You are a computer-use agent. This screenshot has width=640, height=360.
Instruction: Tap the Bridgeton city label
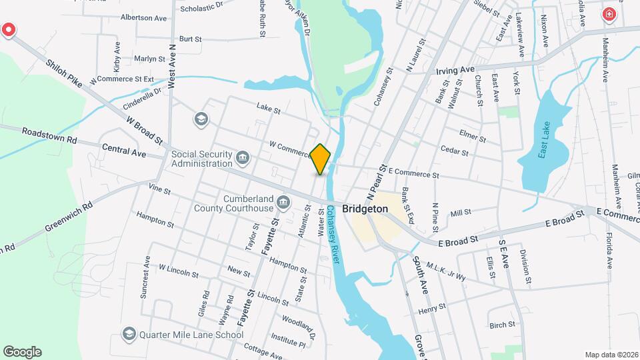[365, 209]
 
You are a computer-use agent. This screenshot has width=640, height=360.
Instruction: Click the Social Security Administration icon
[243, 158]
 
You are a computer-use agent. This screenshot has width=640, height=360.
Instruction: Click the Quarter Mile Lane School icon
[129, 334]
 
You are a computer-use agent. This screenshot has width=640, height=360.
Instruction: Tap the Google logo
[22, 352]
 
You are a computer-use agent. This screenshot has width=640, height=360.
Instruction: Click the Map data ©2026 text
[611, 355]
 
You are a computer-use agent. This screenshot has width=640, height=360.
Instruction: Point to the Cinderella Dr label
[142, 99]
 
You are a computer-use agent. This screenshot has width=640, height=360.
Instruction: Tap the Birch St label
[502, 325]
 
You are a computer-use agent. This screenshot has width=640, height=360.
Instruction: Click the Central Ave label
[124, 152]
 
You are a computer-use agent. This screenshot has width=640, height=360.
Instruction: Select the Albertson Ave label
[143, 18]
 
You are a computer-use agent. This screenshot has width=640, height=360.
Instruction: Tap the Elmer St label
[473, 137]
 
